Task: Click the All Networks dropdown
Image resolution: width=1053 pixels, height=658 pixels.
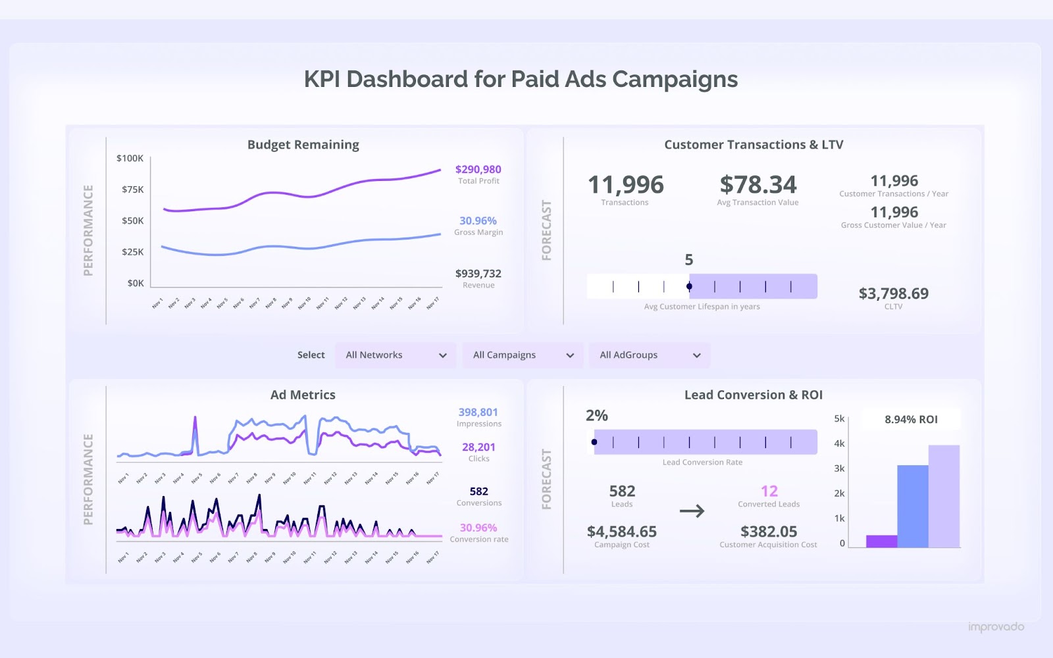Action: pos(396,355)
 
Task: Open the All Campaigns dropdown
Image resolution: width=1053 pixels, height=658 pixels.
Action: pos(523,355)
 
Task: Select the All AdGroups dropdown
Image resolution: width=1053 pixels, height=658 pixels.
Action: pos(650,355)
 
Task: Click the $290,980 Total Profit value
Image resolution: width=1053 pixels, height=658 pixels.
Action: pos(478,170)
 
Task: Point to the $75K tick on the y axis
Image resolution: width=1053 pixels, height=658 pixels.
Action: pos(132,190)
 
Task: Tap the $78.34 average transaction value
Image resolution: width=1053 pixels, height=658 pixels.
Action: pos(758,185)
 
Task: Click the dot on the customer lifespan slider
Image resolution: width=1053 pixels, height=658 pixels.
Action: pos(689,286)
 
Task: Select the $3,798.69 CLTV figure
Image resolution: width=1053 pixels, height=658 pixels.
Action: pos(893,293)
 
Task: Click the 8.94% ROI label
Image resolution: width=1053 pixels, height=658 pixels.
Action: pos(911,419)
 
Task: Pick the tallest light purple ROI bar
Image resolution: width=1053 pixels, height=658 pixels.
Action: pos(944,496)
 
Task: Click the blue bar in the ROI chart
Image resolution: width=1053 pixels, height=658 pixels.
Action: pos(913,506)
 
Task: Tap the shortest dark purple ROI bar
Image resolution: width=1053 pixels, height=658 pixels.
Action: pos(881,541)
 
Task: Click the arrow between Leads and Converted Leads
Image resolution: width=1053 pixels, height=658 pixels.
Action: pos(692,511)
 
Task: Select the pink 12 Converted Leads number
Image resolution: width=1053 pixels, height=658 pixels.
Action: pos(769,492)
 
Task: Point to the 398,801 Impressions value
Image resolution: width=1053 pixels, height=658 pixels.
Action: pos(478,413)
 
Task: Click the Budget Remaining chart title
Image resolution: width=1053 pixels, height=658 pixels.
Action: pos(303,145)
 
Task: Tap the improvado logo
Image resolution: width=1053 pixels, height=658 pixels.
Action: pos(996,627)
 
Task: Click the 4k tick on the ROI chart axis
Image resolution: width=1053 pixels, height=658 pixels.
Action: pos(839,443)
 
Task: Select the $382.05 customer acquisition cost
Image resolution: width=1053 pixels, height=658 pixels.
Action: pos(768,532)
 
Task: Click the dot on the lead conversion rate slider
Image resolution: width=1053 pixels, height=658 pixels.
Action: pos(594,442)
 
